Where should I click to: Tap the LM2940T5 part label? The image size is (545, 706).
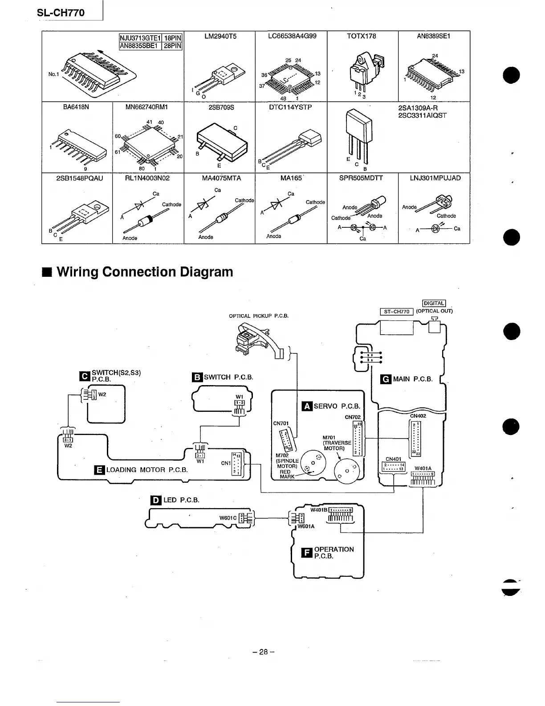220,36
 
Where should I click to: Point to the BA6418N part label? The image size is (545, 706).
77,107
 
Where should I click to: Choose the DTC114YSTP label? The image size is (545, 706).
291,107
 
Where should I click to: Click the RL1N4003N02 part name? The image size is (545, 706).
148,178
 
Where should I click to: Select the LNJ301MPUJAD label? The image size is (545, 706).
435,178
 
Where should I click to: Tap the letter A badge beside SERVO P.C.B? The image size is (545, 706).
307,406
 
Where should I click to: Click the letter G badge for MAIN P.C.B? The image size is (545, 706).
386,379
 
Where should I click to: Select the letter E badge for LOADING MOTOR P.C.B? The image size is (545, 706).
99,469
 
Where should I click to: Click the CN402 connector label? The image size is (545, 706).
418,416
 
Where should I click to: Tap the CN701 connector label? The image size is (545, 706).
281,423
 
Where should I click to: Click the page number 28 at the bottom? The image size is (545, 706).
264,652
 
